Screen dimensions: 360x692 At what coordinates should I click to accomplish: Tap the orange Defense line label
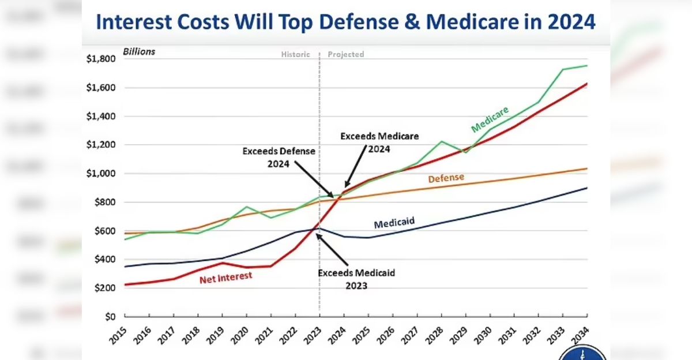446,178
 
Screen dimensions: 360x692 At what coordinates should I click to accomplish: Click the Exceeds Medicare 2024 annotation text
379,142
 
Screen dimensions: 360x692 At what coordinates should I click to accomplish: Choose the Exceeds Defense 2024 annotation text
279,157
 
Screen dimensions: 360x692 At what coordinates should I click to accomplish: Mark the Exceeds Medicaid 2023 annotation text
357,279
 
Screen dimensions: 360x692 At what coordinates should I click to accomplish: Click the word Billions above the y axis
139,51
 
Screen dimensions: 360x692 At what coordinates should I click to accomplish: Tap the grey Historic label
295,54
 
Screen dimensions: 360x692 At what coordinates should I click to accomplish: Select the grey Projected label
346,54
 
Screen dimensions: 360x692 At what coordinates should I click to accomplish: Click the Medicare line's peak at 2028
441,141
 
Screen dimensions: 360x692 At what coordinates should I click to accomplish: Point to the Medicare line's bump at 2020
246,207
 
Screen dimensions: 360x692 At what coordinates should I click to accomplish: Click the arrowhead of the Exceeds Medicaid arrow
317,235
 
